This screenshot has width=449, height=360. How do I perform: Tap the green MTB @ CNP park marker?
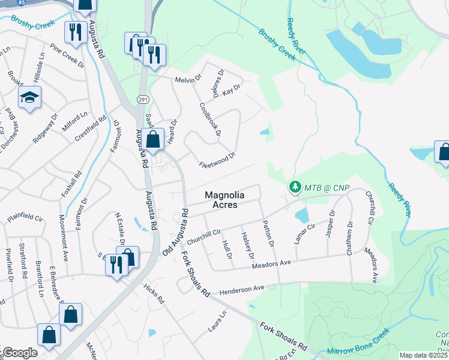[295, 187]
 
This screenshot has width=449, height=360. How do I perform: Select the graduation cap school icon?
[28, 98]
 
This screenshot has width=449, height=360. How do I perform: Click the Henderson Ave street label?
[242, 289]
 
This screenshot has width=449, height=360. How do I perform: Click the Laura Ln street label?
[217, 322]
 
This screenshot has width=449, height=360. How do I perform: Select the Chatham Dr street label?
[349, 238]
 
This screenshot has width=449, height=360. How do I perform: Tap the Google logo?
[19, 353]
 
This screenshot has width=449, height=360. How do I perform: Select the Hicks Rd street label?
[154, 294]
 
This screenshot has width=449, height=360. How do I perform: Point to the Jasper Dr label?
[330, 223]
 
